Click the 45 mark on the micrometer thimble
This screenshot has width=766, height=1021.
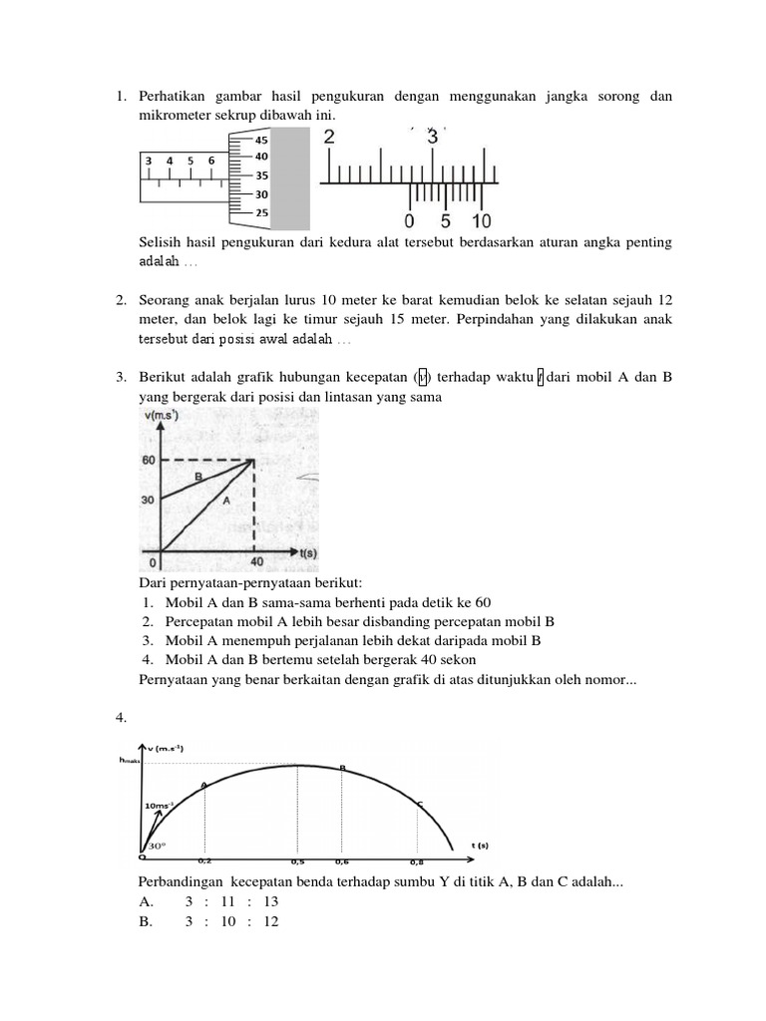tap(261, 141)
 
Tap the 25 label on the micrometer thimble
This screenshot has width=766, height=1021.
tap(261, 212)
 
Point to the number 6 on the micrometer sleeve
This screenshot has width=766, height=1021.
tap(211, 161)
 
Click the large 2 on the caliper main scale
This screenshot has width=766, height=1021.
tap(330, 139)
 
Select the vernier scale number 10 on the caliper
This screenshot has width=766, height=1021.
tap(481, 221)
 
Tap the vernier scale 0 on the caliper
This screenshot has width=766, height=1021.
tap(409, 221)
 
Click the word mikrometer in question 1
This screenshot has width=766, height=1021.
tap(176, 115)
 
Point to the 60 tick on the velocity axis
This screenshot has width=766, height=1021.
tap(148, 460)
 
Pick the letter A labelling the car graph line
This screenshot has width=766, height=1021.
tap(225, 502)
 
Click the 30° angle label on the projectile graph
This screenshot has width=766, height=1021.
tap(157, 844)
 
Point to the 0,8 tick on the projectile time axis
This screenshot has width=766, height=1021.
tap(418, 859)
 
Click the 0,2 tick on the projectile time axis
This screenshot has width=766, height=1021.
tap(204, 859)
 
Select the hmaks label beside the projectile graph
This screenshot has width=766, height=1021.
tap(130, 760)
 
